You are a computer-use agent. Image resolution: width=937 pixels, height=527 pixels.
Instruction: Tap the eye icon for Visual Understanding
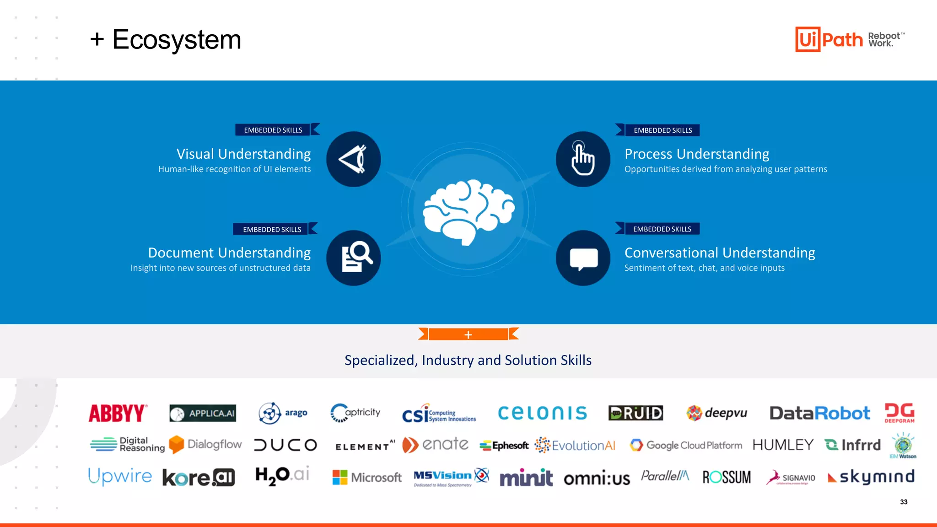pyautogui.click(x=353, y=159)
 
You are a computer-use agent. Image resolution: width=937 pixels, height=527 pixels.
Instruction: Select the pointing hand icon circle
pyautogui.click(x=583, y=159)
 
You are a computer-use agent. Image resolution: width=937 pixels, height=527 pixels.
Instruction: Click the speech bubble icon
pyautogui.click(x=583, y=258)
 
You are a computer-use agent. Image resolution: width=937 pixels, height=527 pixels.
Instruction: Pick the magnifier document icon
pyautogui.click(x=354, y=258)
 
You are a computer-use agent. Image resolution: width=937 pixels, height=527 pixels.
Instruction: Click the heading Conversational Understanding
pyautogui.click(x=719, y=253)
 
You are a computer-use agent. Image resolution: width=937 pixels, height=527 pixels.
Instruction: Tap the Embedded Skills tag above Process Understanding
pyautogui.click(x=662, y=130)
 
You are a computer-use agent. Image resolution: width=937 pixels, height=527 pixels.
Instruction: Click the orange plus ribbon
pyautogui.click(x=468, y=334)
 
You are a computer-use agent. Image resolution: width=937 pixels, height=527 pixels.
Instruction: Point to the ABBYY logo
pyautogui.click(x=118, y=413)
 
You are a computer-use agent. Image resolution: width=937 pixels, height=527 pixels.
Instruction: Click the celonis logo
pyautogui.click(x=542, y=413)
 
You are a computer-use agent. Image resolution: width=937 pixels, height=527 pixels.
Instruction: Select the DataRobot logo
pyautogui.click(x=819, y=413)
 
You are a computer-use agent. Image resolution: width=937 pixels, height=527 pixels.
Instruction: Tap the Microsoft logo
pyautogui.click(x=367, y=477)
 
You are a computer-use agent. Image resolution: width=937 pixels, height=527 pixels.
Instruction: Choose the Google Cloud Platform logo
pyautogui.click(x=686, y=445)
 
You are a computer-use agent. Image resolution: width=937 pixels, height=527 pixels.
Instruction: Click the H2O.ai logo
pyautogui.click(x=282, y=476)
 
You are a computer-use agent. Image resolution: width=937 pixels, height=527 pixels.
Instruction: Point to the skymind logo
pyautogui.click(x=871, y=477)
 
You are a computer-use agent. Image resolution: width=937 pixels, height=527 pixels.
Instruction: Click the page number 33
pyautogui.click(x=904, y=502)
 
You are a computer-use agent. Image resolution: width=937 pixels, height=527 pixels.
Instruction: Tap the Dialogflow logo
pyautogui.click(x=205, y=444)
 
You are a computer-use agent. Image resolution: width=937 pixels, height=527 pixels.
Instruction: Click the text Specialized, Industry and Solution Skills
pyautogui.click(x=468, y=360)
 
